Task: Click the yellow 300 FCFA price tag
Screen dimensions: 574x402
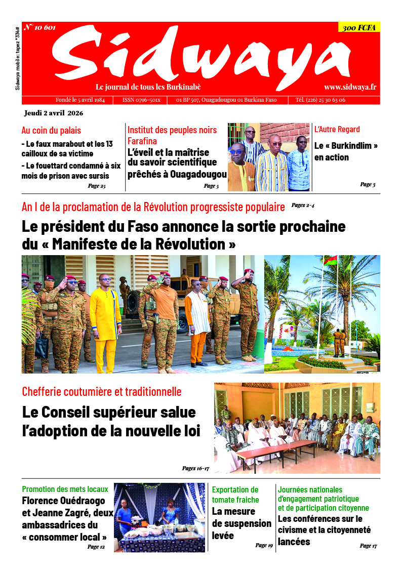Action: tap(359, 28)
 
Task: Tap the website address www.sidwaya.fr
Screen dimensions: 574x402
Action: tap(350, 87)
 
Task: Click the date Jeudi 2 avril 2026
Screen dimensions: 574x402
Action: tap(53, 112)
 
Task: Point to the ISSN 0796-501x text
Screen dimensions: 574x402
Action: tap(141, 100)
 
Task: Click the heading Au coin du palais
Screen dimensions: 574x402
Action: tap(51, 130)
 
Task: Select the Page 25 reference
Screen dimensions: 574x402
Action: tap(96, 186)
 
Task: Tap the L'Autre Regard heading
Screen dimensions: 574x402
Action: tap(337, 129)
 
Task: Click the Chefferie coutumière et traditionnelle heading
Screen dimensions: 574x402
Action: tap(102, 391)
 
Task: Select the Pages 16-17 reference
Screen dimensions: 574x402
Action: tap(195, 468)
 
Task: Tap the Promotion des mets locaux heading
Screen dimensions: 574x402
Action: tap(65, 489)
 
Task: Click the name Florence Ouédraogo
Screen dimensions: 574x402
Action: tap(64, 501)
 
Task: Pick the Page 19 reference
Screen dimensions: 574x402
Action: tap(264, 545)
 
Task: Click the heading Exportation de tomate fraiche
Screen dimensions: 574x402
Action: tap(236, 495)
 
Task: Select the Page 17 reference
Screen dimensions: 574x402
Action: tap(368, 546)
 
